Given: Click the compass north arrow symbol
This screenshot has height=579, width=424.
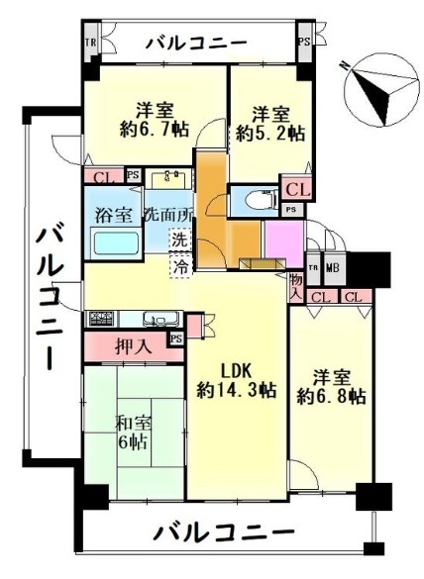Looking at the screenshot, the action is [x=381, y=90].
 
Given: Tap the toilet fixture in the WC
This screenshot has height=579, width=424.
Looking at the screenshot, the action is [x=268, y=199].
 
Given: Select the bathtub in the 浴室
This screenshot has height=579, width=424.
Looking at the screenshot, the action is [x=116, y=242].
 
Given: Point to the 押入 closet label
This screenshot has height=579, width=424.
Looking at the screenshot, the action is [x=134, y=346].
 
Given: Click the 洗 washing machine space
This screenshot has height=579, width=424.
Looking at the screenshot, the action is [x=180, y=241].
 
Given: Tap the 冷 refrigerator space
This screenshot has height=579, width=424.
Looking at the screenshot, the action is [x=180, y=265].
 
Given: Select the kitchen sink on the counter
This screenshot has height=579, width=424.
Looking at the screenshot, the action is [x=162, y=319].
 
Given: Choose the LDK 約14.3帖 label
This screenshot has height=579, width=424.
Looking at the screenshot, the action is [x=236, y=380].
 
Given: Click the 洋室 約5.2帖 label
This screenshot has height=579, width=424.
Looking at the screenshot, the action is [x=270, y=124].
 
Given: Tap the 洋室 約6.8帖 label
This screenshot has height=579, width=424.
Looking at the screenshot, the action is [x=332, y=387].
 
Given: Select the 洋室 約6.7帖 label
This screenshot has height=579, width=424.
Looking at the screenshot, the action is [x=155, y=120].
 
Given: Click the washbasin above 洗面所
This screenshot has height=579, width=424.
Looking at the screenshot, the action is [x=169, y=178].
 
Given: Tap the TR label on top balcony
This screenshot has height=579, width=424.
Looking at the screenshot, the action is [x=90, y=43].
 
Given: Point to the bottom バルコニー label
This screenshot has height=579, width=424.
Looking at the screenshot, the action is [x=224, y=532].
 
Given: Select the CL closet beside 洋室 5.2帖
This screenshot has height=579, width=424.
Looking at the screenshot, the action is [x=298, y=190].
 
